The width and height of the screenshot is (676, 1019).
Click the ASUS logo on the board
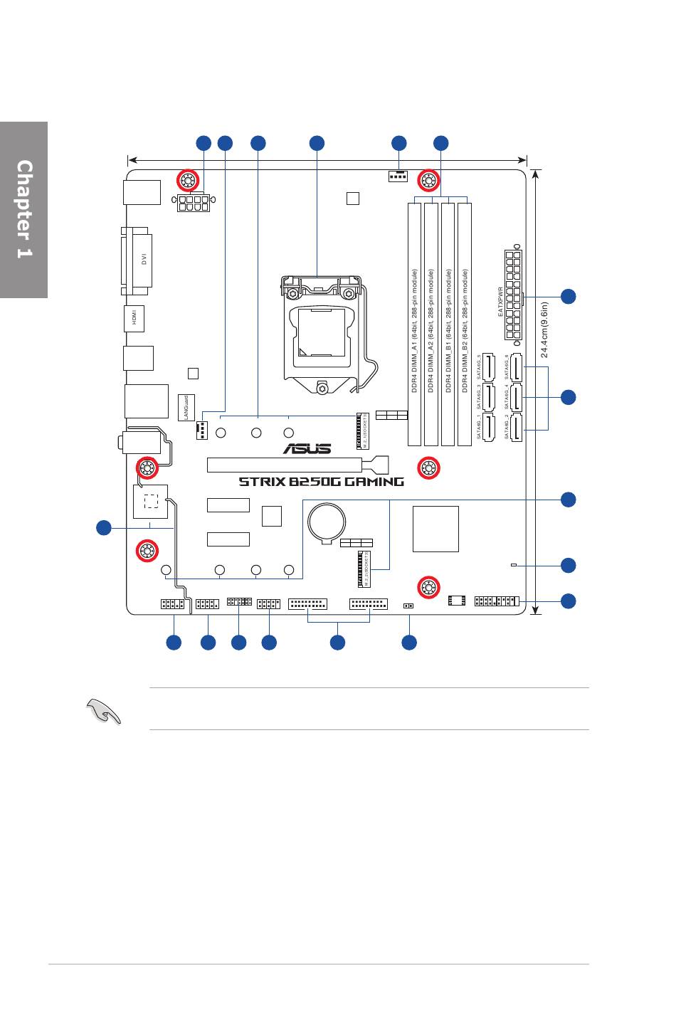pyautogui.click(x=307, y=448)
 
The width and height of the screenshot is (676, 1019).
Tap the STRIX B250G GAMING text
pyautogui.click(x=321, y=482)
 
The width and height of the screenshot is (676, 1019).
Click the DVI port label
pyautogui.click(x=143, y=260)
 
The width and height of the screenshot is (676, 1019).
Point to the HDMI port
pyautogui.click(x=134, y=318)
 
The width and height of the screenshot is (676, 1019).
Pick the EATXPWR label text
pyautogui.click(x=500, y=302)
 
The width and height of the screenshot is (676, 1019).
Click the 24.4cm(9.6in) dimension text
pyautogui.click(x=544, y=331)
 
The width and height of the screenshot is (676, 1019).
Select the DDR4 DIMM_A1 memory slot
pyautogui.click(x=415, y=324)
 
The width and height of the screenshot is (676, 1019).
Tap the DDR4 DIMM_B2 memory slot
pyautogui.click(x=465, y=324)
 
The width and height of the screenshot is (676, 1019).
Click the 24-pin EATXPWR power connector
pyautogui.click(x=512, y=294)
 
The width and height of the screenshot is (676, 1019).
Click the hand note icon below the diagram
pyautogui.click(x=103, y=710)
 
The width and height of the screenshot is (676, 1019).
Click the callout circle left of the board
pyautogui.click(x=104, y=528)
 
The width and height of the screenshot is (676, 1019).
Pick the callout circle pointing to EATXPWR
pyautogui.click(x=568, y=296)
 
